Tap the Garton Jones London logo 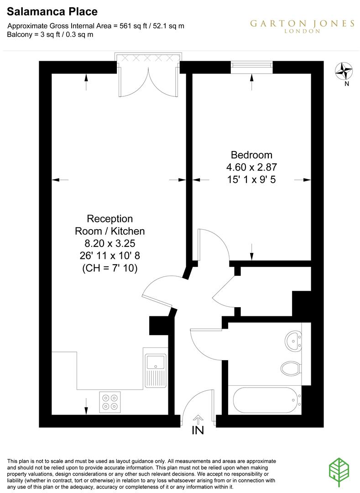point(302,26)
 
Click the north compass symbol point(345,71)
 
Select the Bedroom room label point(251,155)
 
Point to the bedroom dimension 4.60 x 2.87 point(251,167)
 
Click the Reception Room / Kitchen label point(110,225)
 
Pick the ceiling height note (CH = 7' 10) point(110,269)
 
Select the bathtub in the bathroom point(266,399)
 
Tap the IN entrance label point(198,430)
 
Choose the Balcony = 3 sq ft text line point(50,35)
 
